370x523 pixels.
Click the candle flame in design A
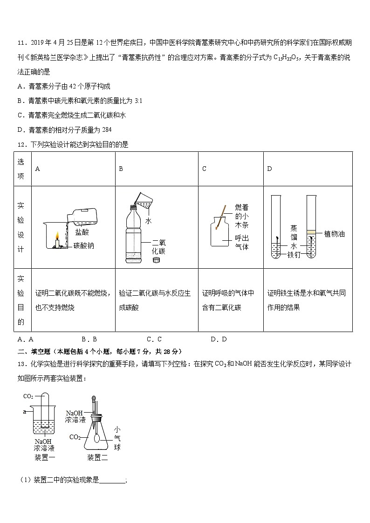coord(58,235)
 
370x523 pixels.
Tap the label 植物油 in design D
coord(334,234)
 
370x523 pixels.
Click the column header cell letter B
coord(121,169)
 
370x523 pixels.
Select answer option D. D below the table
coord(219,340)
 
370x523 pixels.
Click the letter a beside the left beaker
coord(24,412)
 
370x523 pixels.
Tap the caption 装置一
coord(45,457)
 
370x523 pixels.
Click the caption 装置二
coord(97,457)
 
